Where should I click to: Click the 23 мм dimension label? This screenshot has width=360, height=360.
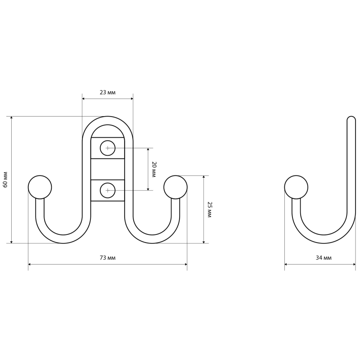click(108, 93)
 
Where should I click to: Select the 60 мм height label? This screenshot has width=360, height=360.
click(5, 180)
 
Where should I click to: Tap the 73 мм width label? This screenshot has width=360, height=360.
click(108, 258)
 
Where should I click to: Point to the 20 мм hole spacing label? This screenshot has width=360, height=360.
click(154, 170)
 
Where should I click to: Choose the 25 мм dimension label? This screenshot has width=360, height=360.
click(209, 210)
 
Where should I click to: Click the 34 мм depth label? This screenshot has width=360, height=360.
click(324, 258)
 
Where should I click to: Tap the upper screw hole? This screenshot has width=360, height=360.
click(108, 148)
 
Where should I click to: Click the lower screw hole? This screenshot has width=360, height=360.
click(108, 190)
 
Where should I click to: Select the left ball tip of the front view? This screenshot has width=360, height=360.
click(40, 187)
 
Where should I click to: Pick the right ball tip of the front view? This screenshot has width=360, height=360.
click(175, 187)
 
